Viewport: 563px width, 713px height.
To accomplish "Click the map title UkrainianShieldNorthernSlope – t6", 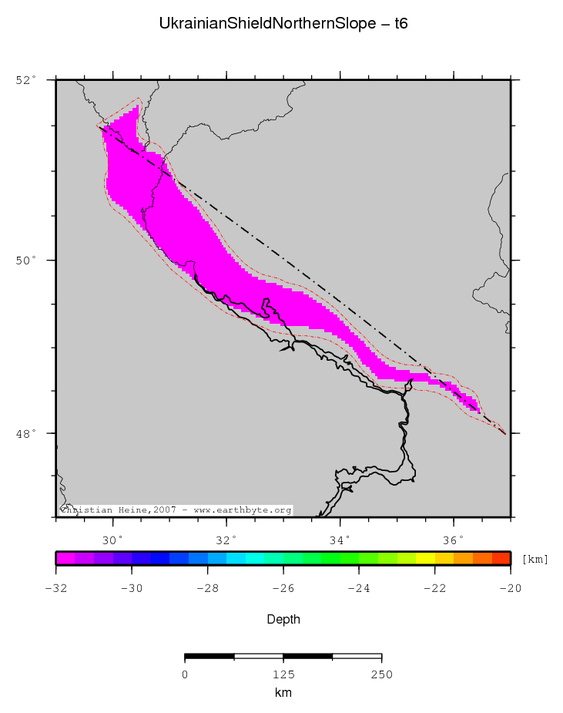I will click(x=283, y=24).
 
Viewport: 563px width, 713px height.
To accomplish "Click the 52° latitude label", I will click(x=25, y=79).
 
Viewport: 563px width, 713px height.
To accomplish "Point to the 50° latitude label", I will click(x=25, y=261).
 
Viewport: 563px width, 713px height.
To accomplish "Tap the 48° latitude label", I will click(x=25, y=433).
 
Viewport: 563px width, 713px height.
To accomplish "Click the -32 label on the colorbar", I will click(x=56, y=589).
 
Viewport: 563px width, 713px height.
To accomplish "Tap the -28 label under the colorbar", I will click(x=208, y=589).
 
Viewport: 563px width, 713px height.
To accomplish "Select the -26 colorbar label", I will click(x=283, y=589).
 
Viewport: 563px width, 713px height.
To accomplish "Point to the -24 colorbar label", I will click(x=359, y=589).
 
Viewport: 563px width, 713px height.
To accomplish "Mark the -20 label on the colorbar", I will click(x=511, y=589).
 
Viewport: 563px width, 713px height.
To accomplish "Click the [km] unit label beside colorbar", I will click(x=535, y=560).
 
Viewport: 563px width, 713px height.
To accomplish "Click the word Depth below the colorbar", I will click(x=283, y=620).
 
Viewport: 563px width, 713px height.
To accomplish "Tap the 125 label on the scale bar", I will click(x=283, y=675).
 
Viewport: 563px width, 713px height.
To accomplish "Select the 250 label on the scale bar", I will click(x=382, y=675).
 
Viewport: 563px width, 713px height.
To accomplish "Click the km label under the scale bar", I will click(x=283, y=693).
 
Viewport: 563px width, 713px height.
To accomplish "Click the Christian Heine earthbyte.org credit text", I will click(x=176, y=510).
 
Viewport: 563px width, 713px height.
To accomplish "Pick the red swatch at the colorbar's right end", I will click(x=501, y=559).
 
